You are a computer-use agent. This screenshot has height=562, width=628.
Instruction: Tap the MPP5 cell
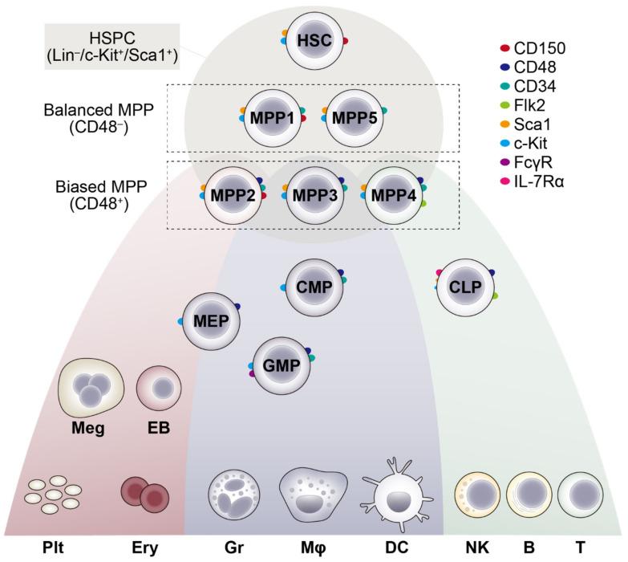point(353,116)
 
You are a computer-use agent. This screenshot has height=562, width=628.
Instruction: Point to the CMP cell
point(314,286)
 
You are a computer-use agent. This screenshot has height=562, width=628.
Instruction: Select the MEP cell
point(211,321)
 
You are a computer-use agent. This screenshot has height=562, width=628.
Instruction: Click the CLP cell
point(465,287)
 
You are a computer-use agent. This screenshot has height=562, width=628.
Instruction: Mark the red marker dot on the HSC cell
point(345,39)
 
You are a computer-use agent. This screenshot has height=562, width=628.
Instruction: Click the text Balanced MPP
point(93,108)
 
